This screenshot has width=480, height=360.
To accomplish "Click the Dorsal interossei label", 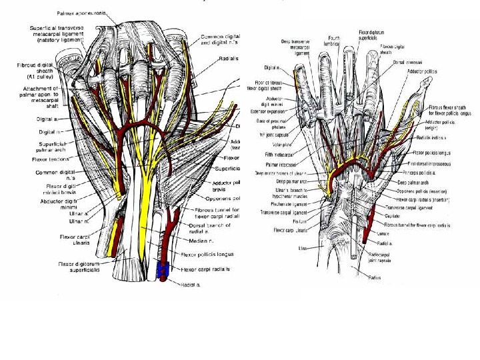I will (407, 63).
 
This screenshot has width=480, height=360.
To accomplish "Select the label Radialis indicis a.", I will (433, 137).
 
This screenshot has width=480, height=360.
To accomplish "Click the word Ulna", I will (301, 248).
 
